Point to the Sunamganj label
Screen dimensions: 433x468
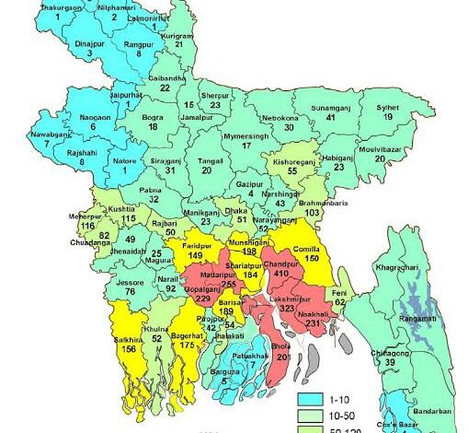coord(330,108)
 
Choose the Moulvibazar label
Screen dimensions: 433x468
coord(406,146)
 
